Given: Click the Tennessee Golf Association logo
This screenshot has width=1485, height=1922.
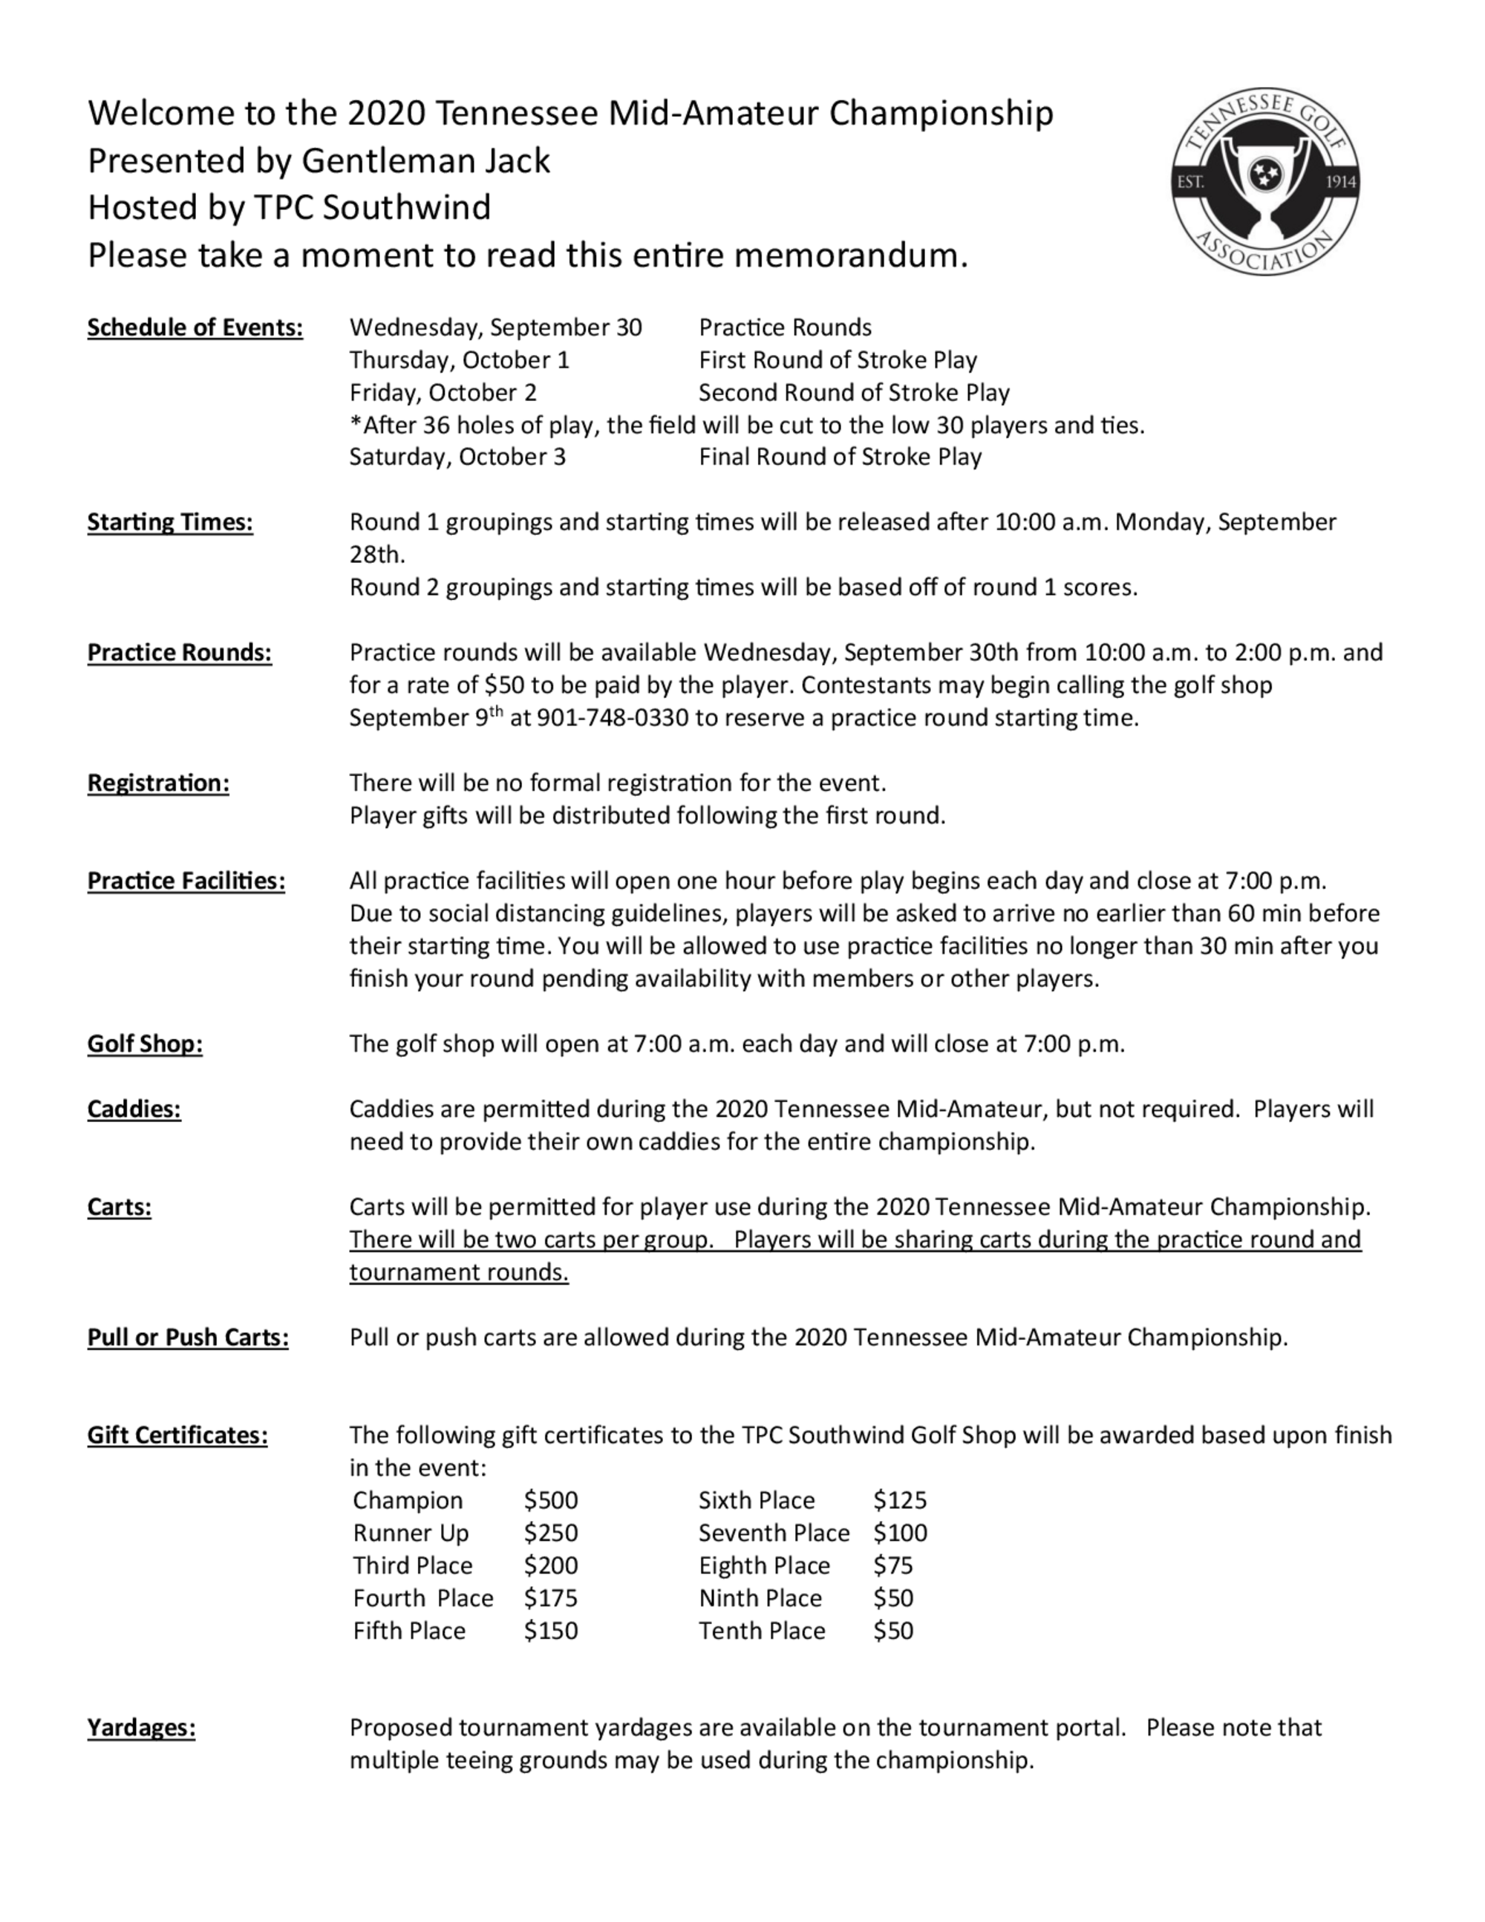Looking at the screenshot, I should tap(1265, 182).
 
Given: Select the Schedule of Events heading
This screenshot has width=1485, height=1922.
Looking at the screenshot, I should tap(195, 328).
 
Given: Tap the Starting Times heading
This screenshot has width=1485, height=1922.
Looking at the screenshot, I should tap(170, 523).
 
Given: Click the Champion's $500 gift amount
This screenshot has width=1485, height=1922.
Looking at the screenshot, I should tap(551, 1500).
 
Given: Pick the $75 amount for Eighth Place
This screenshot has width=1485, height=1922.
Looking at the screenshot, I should tap(893, 1566).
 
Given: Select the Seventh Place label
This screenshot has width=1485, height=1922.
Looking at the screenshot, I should tap(773, 1533).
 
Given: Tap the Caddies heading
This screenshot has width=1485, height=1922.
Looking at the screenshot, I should tap(134, 1109).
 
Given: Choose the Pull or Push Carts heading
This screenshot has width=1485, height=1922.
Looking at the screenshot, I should tap(187, 1338).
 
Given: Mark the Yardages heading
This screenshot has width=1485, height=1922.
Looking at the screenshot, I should tap(141, 1728).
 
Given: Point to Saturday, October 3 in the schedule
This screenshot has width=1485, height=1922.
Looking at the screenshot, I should tap(457, 457).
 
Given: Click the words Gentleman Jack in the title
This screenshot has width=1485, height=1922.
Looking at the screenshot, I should tap(425, 161).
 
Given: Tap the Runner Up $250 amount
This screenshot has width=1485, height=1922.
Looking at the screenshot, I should tap(551, 1533).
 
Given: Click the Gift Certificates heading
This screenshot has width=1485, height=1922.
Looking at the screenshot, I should tap(177, 1436).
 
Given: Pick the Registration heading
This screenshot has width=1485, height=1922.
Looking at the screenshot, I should tap(157, 784).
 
